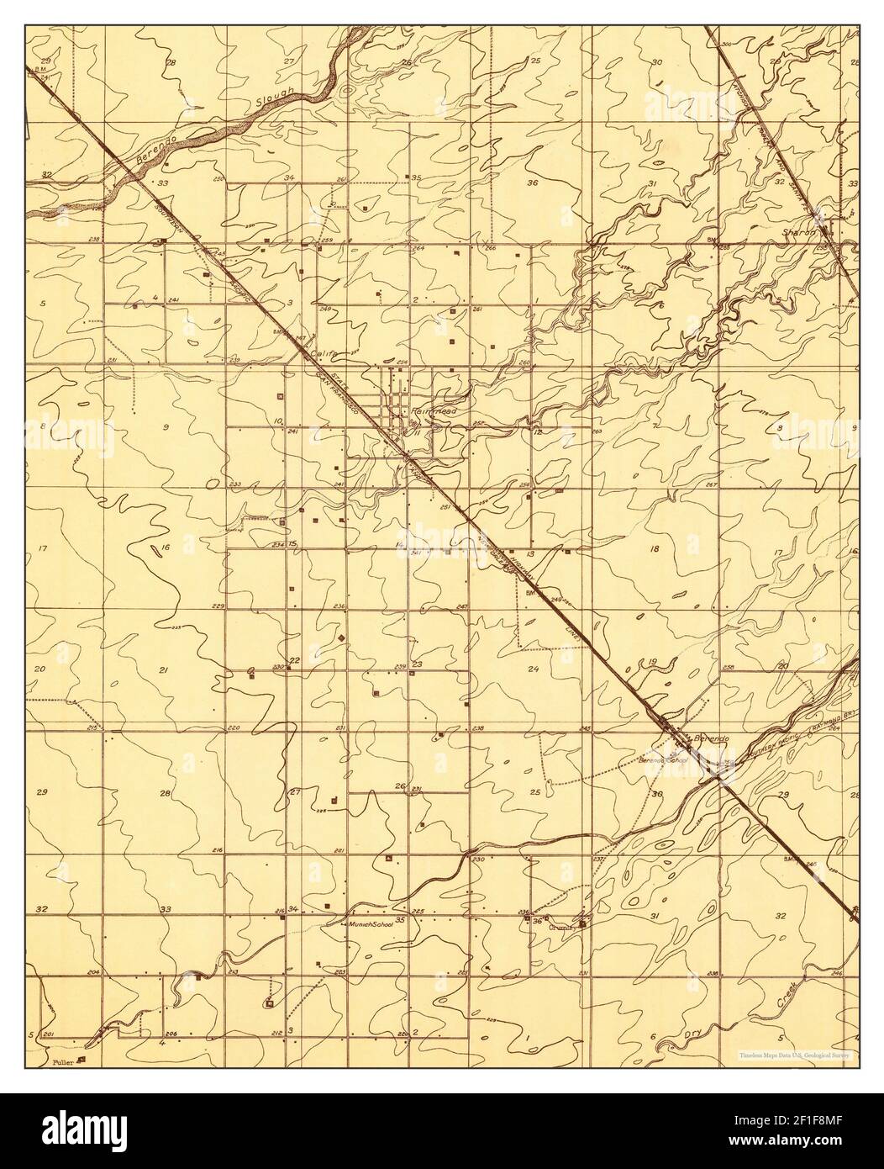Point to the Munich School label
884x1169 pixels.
pos(371,923)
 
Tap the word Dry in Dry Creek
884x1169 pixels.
pos(692,1035)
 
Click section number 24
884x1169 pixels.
pos(532,669)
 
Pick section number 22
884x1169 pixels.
pos(295,660)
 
